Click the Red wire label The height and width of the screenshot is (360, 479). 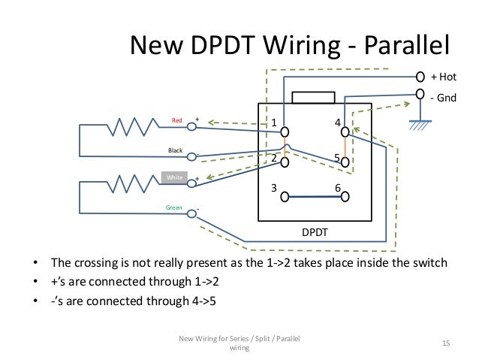point(177,120)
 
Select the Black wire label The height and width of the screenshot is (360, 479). point(175,150)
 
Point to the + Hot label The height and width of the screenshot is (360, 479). point(443,77)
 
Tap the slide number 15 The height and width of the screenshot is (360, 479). point(445,343)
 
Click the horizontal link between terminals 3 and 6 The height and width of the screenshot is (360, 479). point(315,198)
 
